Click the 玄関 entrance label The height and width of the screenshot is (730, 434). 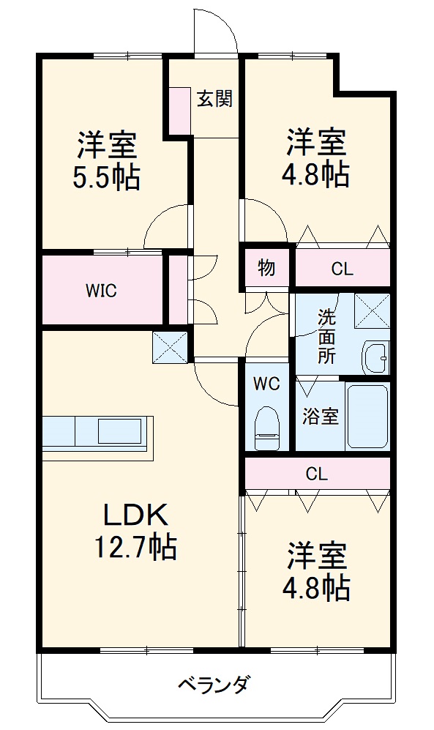point(214,99)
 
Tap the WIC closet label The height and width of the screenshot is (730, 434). point(101,290)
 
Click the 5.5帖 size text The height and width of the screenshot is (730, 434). point(106,177)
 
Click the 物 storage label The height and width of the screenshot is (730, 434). point(266,268)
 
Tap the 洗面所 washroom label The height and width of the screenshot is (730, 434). point(326,337)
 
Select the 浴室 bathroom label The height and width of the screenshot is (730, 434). point(321,417)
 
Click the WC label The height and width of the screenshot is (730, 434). point(266,383)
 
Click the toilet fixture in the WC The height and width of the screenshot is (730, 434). point(267,429)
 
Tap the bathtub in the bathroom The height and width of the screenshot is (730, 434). point(367,416)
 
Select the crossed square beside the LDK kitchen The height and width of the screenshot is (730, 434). point(170,346)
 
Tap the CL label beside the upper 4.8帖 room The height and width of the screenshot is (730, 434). point(342,269)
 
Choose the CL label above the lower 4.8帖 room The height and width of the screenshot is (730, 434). point(316,474)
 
